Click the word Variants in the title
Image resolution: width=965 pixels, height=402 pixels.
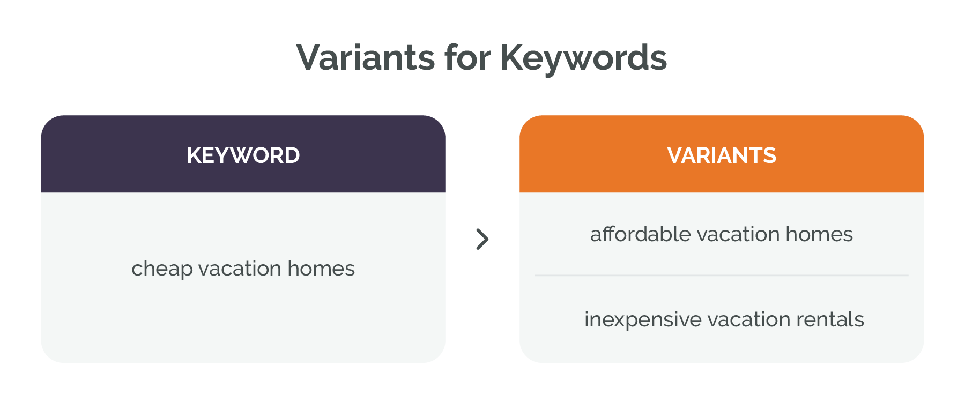(365, 57)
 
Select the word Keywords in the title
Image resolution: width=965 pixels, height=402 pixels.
(584, 57)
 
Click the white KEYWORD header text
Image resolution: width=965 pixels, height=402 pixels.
(243, 155)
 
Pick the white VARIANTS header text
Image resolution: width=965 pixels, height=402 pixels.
(722, 155)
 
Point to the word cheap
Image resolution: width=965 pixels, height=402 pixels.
(162, 269)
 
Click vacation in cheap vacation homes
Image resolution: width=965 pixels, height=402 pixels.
(240, 269)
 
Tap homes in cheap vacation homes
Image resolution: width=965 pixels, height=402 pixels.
(321, 269)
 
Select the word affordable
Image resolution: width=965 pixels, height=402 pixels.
(640, 234)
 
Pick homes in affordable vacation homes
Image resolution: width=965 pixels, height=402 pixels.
(819, 234)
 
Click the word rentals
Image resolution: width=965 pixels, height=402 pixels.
(830, 319)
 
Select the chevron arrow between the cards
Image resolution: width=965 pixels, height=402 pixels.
(482, 239)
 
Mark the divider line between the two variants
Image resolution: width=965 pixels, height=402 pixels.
(722, 276)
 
